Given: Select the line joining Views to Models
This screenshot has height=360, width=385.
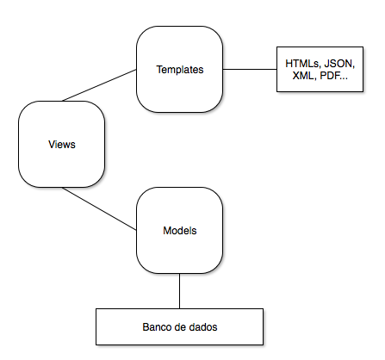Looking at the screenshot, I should point(99,209).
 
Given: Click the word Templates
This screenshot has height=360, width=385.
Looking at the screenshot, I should point(179,69).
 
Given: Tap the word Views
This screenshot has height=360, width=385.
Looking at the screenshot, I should point(62,144).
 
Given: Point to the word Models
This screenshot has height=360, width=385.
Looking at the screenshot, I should point(179,231).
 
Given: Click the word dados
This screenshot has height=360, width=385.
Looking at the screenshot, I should point(203,328).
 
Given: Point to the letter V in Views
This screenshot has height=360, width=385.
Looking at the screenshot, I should point(52,144).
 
